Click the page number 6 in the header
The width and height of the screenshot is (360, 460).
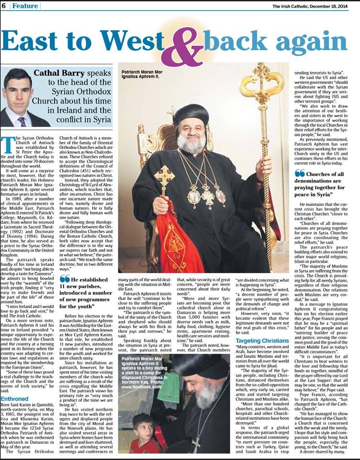pos(4,6)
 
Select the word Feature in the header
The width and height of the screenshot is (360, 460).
pos(25,6)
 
